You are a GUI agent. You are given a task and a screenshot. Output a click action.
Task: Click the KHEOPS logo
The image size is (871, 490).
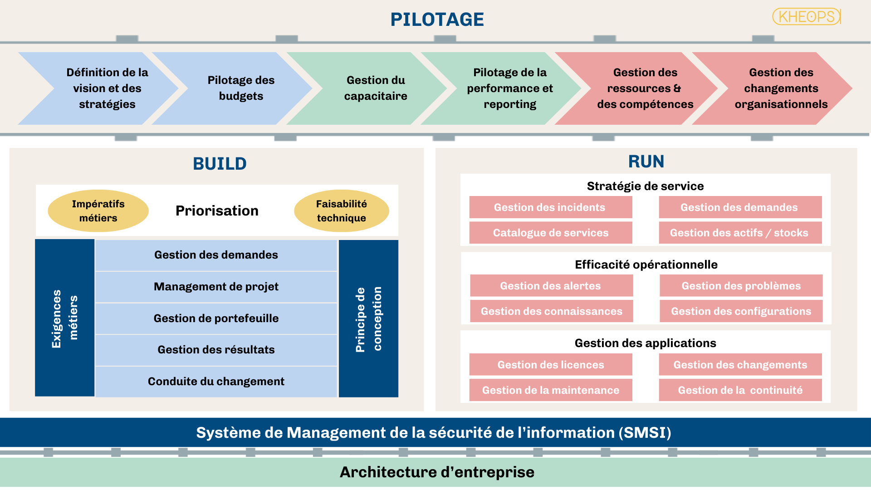(807, 17)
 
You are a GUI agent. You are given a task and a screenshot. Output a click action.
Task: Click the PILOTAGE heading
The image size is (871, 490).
(437, 20)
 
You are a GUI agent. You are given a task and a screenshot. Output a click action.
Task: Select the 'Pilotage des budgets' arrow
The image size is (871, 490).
(241, 88)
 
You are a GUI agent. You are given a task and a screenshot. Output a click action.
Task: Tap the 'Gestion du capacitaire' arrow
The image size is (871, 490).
(376, 88)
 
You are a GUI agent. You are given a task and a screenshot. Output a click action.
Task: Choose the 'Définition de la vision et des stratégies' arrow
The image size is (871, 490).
(107, 88)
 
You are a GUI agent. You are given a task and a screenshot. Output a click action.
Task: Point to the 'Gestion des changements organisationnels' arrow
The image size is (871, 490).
(781, 88)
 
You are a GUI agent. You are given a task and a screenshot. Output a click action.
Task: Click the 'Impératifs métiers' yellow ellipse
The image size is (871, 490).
(98, 211)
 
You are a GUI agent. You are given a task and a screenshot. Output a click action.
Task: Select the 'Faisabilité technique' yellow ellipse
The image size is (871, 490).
(341, 211)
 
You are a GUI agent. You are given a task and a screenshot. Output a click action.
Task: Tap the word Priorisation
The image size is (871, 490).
(217, 211)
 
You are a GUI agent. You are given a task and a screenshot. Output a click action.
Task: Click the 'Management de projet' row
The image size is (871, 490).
(216, 287)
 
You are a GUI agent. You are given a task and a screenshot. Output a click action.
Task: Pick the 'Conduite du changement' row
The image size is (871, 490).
(216, 382)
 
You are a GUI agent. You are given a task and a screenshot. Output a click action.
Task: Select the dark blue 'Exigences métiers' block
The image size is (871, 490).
(64, 318)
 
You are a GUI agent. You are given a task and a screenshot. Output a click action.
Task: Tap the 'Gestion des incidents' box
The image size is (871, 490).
(550, 207)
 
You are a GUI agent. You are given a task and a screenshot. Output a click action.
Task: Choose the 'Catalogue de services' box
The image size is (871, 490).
(550, 233)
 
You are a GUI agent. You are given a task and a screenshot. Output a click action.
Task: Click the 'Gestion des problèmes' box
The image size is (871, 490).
(741, 286)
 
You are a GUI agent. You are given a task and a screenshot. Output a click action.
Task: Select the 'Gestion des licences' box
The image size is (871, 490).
(550, 365)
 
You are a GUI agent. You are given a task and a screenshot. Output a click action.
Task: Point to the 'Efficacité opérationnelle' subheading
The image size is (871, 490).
(646, 265)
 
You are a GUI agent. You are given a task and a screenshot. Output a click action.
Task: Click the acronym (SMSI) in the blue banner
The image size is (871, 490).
(645, 433)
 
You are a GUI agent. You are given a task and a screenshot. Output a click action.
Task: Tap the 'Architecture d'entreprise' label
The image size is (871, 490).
(437, 472)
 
